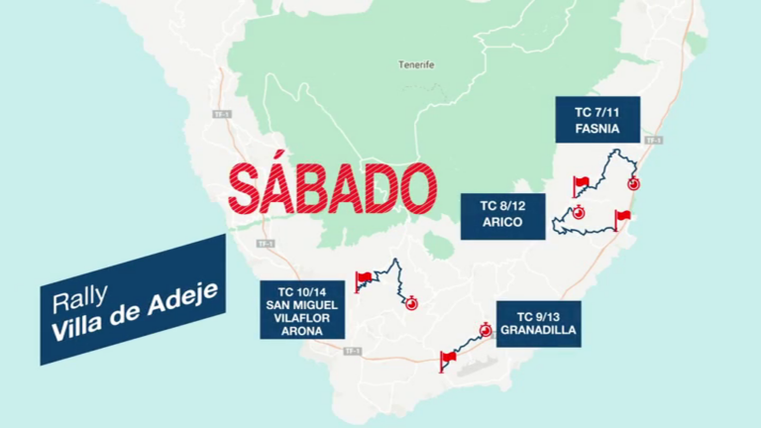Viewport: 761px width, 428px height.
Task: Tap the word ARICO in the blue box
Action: pyautogui.click(x=502, y=222)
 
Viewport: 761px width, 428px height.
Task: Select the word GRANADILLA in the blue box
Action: pyautogui.click(x=539, y=331)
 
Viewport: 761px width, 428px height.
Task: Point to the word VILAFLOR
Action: pyautogui.click(x=302, y=318)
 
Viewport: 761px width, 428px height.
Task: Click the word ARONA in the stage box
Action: pyautogui.click(x=302, y=331)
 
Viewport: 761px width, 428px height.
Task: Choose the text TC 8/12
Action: pyautogui.click(x=502, y=206)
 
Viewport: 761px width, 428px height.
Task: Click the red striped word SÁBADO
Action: pyautogui.click(x=330, y=188)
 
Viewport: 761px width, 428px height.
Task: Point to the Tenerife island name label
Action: pyautogui.click(x=417, y=65)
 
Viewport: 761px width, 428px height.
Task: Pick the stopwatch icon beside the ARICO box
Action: pyautogui.click(x=578, y=211)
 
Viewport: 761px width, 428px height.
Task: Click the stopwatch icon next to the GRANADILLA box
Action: pyautogui.click(x=486, y=330)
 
